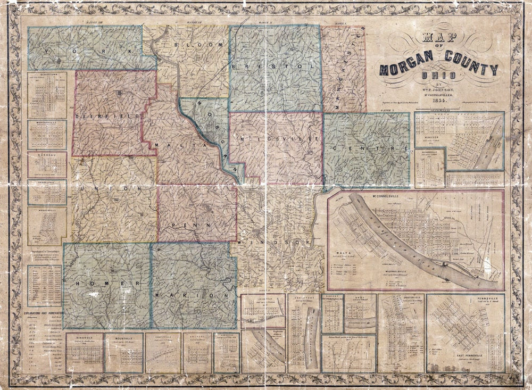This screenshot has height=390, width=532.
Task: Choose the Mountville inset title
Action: (123, 336)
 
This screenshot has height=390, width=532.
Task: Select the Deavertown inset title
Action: (47, 75)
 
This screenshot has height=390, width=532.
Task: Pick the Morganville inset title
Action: (47, 122)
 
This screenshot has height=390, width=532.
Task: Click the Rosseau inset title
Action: (47, 154)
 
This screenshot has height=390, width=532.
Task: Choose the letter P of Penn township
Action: (173, 226)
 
